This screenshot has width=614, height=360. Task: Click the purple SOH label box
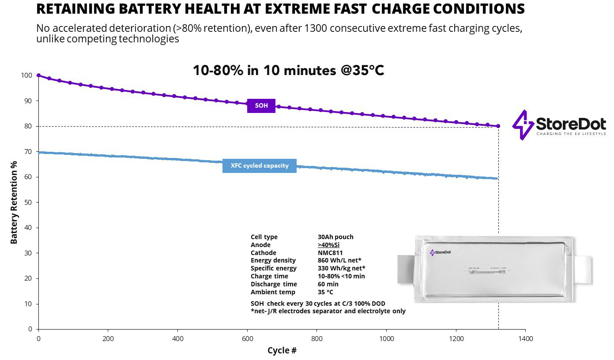[x=261, y=106]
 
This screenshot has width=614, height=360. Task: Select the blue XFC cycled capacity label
[x=259, y=166]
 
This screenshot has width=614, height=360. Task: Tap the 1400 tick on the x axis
[x=525, y=339]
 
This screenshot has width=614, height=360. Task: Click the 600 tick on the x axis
[x=247, y=339]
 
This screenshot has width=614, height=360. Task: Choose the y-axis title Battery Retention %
[x=14, y=202]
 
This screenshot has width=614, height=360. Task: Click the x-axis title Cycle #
[x=282, y=351]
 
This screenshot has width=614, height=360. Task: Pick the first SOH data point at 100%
[x=38, y=75]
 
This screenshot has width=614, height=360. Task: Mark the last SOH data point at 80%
[x=498, y=126]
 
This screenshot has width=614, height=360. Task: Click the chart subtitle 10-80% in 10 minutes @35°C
[x=288, y=70]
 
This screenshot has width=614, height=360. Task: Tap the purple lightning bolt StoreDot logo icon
[x=523, y=125]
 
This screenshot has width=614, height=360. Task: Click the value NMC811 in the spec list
[x=330, y=253]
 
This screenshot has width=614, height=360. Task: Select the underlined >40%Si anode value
[x=328, y=245]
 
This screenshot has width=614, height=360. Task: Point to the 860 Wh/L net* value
[x=341, y=260]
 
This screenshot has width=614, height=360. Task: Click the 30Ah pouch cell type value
[x=335, y=237]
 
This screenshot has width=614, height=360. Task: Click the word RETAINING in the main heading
[x=79, y=9]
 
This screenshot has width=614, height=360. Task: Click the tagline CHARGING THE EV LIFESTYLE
[x=571, y=133]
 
